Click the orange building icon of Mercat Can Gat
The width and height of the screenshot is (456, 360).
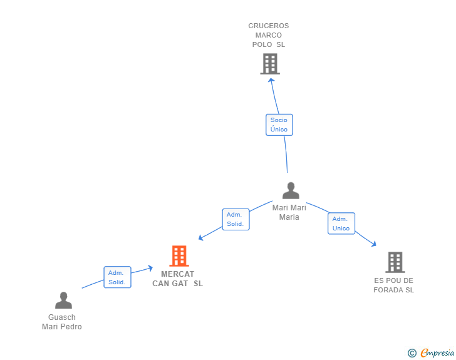(x=179, y=256)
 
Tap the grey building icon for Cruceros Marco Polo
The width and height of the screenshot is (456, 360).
(x=270, y=64)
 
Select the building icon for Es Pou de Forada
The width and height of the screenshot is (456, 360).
(x=395, y=262)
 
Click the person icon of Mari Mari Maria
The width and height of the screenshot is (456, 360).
(x=291, y=190)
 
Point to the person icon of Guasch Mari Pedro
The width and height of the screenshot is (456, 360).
(x=63, y=300)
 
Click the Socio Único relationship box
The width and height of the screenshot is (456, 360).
(x=279, y=125)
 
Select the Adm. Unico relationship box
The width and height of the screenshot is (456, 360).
(x=341, y=224)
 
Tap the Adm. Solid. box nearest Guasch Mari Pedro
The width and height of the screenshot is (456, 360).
(x=118, y=277)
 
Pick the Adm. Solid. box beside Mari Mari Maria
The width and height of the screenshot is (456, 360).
(x=236, y=219)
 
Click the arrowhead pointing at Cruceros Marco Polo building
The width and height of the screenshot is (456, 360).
(x=271, y=81)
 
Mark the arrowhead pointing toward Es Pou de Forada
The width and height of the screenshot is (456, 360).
(x=374, y=244)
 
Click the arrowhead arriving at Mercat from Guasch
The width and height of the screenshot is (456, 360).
(x=150, y=268)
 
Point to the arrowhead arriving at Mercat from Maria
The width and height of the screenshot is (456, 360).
(x=200, y=237)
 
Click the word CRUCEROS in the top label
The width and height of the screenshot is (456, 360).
(x=269, y=26)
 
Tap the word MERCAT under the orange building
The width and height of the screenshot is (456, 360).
(x=177, y=274)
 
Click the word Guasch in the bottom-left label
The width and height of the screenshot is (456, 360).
(x=62, y=317)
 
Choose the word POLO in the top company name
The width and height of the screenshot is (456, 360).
(x=262, y=44)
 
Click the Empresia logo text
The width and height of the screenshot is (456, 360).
(x=437, y=353)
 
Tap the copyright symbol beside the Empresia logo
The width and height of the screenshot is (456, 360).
(x=412, y=353)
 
